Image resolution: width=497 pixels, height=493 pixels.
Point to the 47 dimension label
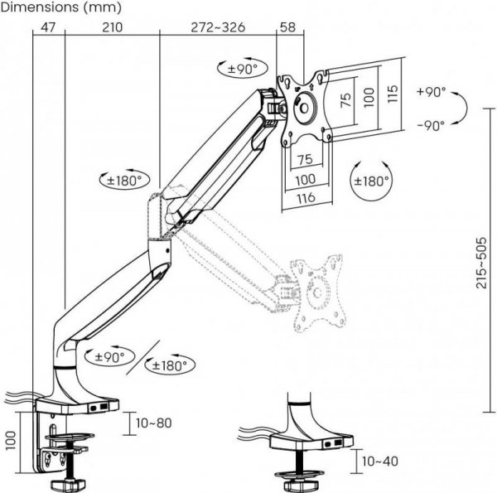48,27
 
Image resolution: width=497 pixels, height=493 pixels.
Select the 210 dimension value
112,27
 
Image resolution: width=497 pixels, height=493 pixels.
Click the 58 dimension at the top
288,27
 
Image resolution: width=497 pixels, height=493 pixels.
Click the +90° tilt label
432,92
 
